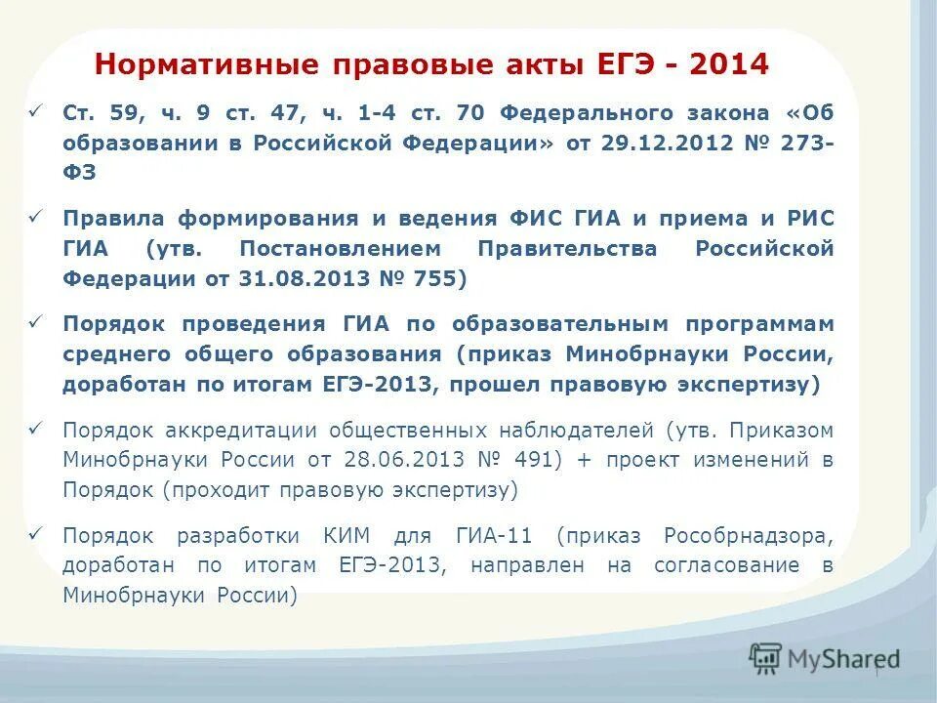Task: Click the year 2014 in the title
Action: [x=729, y=65]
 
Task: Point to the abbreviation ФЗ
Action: [x=79, y=172]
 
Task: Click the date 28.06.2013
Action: [x=388, y=460]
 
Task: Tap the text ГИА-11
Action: [x=495, y=535]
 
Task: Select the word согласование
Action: [x=732, y=565]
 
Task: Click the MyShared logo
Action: [x=824, y=659]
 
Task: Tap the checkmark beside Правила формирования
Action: [x=36, y=216]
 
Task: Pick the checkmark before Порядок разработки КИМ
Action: [x=36, y=533]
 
